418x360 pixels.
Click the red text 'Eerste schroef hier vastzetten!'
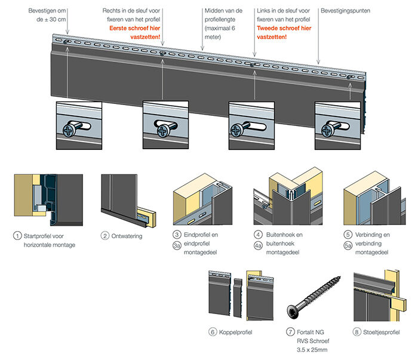pos(141,32)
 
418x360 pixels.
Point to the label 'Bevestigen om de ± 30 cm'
pos(48,15)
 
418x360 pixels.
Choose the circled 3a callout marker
pos(177,245)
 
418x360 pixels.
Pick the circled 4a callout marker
pos(258,245)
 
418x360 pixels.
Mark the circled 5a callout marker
pos(348,245)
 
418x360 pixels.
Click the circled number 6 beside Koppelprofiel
pos(213,332)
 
